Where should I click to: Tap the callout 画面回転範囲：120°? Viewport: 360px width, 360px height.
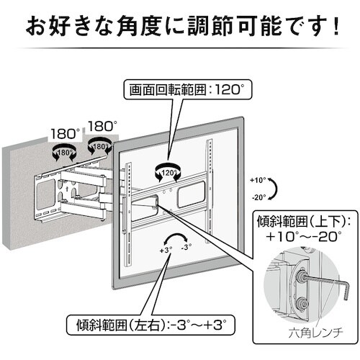click(188, 90)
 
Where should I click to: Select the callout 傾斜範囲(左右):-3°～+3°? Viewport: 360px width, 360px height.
click(150, 325)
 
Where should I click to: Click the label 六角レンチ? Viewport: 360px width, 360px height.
click(315, 333)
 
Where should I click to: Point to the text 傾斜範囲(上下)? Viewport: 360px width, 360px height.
click(304, 222)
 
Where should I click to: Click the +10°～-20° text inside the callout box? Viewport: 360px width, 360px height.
click(304, 237)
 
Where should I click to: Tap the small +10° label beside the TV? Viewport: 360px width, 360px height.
click(258, 180)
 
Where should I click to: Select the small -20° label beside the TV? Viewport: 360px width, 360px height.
click(259, 197)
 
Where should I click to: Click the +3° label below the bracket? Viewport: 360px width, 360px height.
click(166, 250)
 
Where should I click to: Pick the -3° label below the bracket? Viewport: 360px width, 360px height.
click(186, 247)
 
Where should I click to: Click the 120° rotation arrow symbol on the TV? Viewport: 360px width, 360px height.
click(168, 172)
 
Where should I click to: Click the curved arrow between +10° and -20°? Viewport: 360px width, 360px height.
click(276, 189)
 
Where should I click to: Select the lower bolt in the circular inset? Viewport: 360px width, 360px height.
click(301, 305)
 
